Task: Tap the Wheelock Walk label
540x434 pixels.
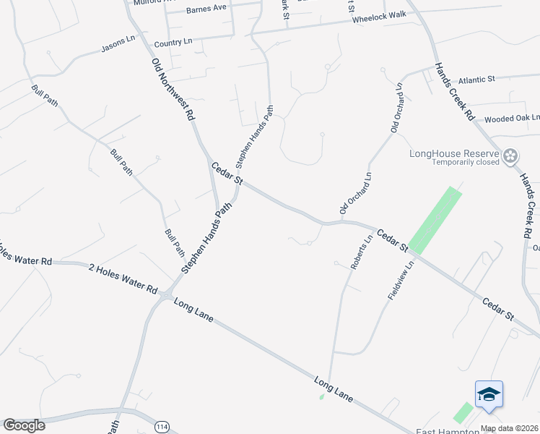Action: coord(375,18)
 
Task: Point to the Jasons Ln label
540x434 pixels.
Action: coord(118,45)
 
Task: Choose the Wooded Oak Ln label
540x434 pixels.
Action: coord(512,119)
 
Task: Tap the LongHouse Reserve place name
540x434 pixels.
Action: coord(454,153)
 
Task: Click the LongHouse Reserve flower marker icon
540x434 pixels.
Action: coord(511,155)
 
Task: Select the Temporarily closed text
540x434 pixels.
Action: coord(466,163)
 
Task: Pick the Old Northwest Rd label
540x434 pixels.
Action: coord(173,89)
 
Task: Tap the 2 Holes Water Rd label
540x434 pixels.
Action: coord(123,278)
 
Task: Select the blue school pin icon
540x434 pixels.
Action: coord(489,394)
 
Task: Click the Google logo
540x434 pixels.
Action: coord(24,425)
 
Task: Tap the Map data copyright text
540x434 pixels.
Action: coord(510,429)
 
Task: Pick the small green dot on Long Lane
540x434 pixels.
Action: coord(322,396)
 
